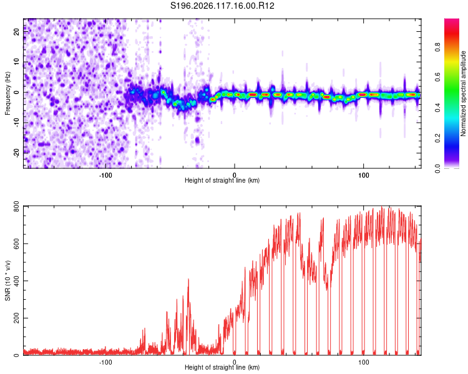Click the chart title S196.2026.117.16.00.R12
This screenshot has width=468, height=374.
[222, 6]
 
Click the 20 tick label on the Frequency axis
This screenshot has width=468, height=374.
[17, 32]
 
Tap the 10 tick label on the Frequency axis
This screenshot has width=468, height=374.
[17, 62]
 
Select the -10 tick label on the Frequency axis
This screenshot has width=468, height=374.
[17, 122]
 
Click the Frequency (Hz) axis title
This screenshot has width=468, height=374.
[7, 93]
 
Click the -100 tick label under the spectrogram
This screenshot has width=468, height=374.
[105, 175]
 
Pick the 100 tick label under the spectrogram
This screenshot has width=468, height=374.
[364, 175]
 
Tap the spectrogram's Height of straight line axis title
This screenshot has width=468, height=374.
[222, 180]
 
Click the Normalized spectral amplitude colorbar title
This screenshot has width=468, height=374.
[463, 93]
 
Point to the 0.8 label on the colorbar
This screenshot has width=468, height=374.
[437, 47]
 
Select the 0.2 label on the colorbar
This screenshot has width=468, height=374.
[437, 138]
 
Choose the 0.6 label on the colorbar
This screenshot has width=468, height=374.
[437, 77]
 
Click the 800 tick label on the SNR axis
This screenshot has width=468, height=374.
[17, 206]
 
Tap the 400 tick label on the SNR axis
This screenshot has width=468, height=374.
[17, 280]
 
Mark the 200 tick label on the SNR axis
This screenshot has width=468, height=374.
[17, 318]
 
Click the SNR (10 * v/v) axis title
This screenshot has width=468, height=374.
[7, 280]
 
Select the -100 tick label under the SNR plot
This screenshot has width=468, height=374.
[105, 362]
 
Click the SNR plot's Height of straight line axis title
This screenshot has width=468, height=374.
[222, 367]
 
